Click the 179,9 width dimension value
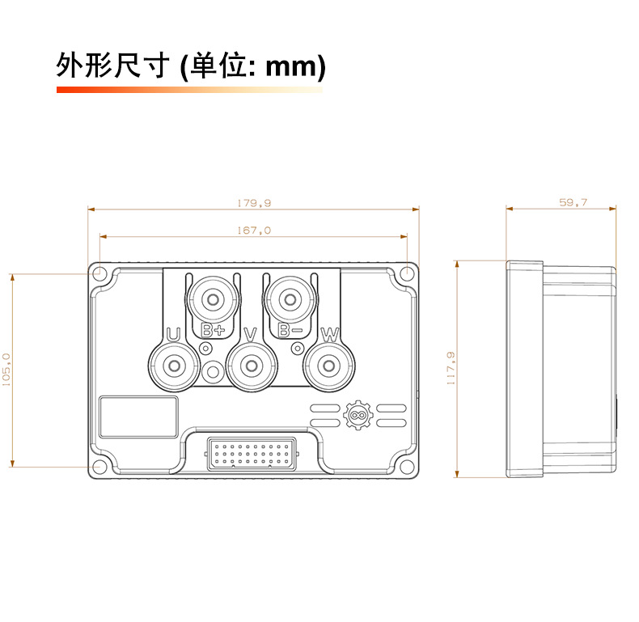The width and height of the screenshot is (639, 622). click(x=254, y=203)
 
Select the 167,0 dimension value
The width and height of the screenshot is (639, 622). click(x=254, y=231)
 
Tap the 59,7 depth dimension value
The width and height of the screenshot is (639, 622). click(x=573, y=202)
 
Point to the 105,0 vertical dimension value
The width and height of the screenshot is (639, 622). click(x=6, y=370)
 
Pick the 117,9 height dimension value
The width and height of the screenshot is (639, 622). click(x=451, y=368)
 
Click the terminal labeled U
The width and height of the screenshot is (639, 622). click(x=174, y=366)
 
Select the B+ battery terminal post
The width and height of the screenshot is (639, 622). click(x=213, y=299)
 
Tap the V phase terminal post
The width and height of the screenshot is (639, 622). click(x=252, y=366)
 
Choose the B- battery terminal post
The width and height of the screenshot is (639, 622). click(x=290, y=299)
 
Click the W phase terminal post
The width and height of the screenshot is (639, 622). click(x=329, y=366)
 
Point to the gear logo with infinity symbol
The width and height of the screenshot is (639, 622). click(x=358, y=415)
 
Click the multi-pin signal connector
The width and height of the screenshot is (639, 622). click(x=252, y=454)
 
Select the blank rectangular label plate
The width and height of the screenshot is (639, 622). click(x=138, y=417)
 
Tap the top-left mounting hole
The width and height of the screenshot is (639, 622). click(x=99, y=273)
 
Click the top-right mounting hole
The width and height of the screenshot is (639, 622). click(x=407, y=273)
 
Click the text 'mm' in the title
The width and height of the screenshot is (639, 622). click(x=290, y=67)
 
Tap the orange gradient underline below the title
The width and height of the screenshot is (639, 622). click(x=189, y=90)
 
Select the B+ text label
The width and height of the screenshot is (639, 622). click(x=213, y=331)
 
